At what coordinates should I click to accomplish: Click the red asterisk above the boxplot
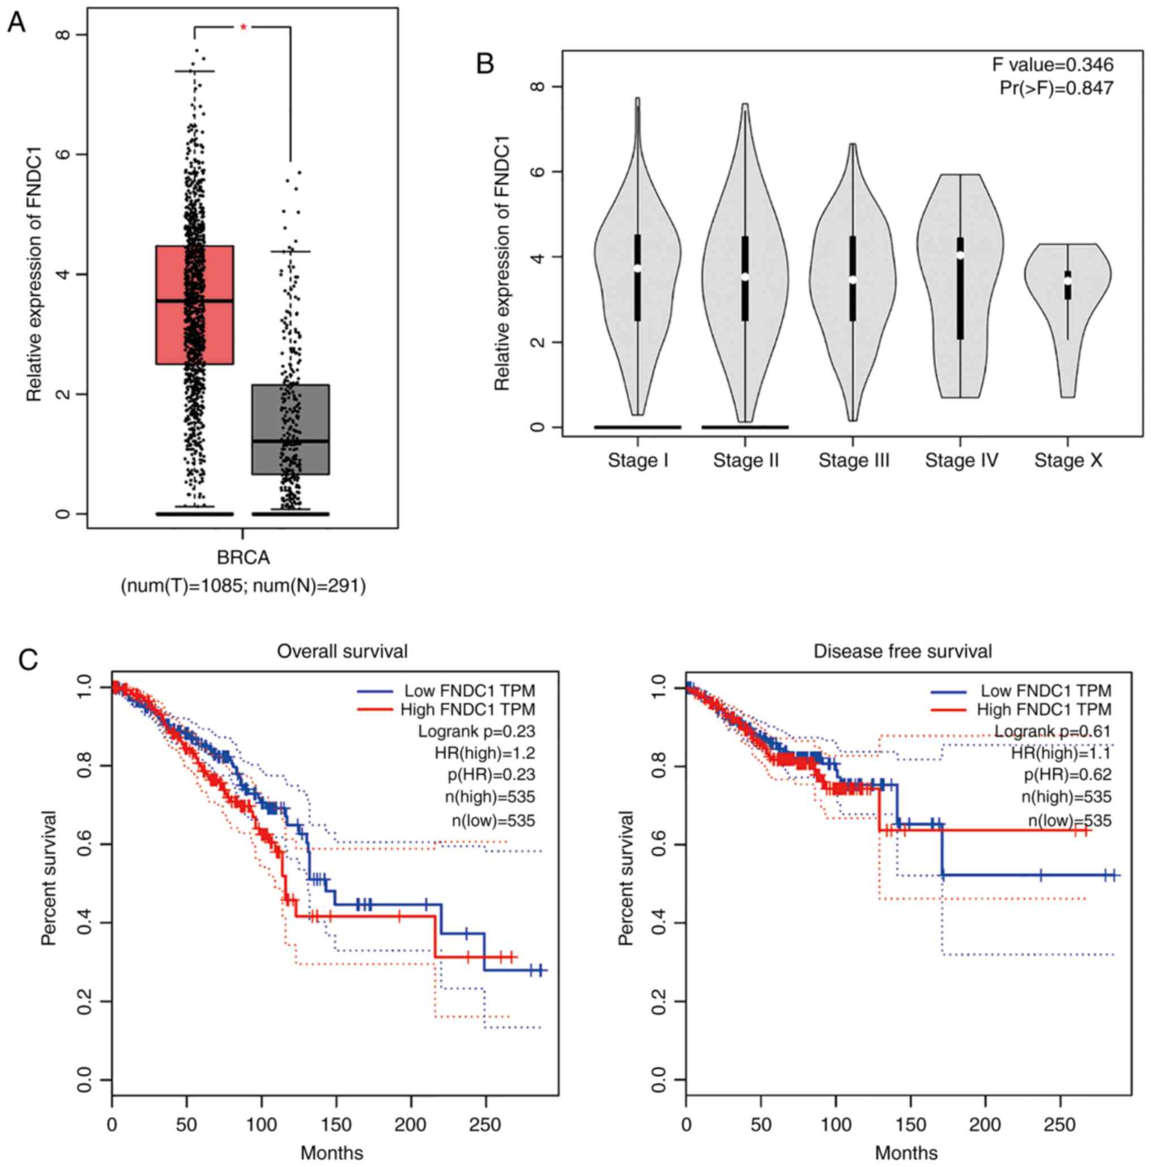243,27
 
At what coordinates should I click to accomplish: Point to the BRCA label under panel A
243,558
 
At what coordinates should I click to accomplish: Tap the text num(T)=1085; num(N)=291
243,585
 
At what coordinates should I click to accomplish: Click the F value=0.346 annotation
1052,65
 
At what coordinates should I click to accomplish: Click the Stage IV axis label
961,460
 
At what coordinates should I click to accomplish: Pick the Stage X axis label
1068,460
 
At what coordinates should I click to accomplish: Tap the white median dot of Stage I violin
637,268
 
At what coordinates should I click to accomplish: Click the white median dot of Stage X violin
1068,280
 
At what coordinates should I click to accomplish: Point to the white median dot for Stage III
852,280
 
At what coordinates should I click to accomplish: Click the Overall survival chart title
342,651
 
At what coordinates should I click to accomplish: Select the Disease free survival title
903,651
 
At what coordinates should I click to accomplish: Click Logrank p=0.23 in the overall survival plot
476,732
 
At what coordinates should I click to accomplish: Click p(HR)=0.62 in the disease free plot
1067,775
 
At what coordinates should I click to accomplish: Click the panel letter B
485,63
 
